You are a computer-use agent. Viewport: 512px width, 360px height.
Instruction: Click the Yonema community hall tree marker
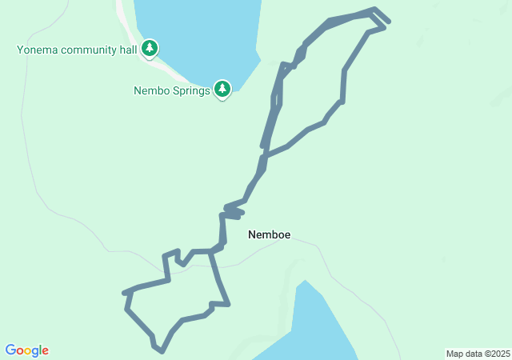tap(150, 49)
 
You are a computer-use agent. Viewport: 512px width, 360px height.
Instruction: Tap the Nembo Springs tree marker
tap(222, 89)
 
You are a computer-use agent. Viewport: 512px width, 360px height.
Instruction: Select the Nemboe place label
tap(269, 235)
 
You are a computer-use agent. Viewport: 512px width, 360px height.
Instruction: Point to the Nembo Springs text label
tap(171, 90)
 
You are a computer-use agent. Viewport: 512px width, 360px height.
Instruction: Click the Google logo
tap(27, 350)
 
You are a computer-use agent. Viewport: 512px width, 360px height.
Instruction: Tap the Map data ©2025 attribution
tap(478, 354)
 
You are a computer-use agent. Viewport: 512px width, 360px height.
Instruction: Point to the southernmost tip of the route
tap(162, 350)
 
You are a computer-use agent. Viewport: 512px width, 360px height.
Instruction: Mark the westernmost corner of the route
tap(124, 293)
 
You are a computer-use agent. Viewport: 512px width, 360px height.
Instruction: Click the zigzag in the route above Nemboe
tap(232, 210)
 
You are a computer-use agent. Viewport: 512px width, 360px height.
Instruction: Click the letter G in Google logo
tap(11, 350)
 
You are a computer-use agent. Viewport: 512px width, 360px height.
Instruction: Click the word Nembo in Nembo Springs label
tap(150, 90)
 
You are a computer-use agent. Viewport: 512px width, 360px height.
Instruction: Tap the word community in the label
tap(89, 50)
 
